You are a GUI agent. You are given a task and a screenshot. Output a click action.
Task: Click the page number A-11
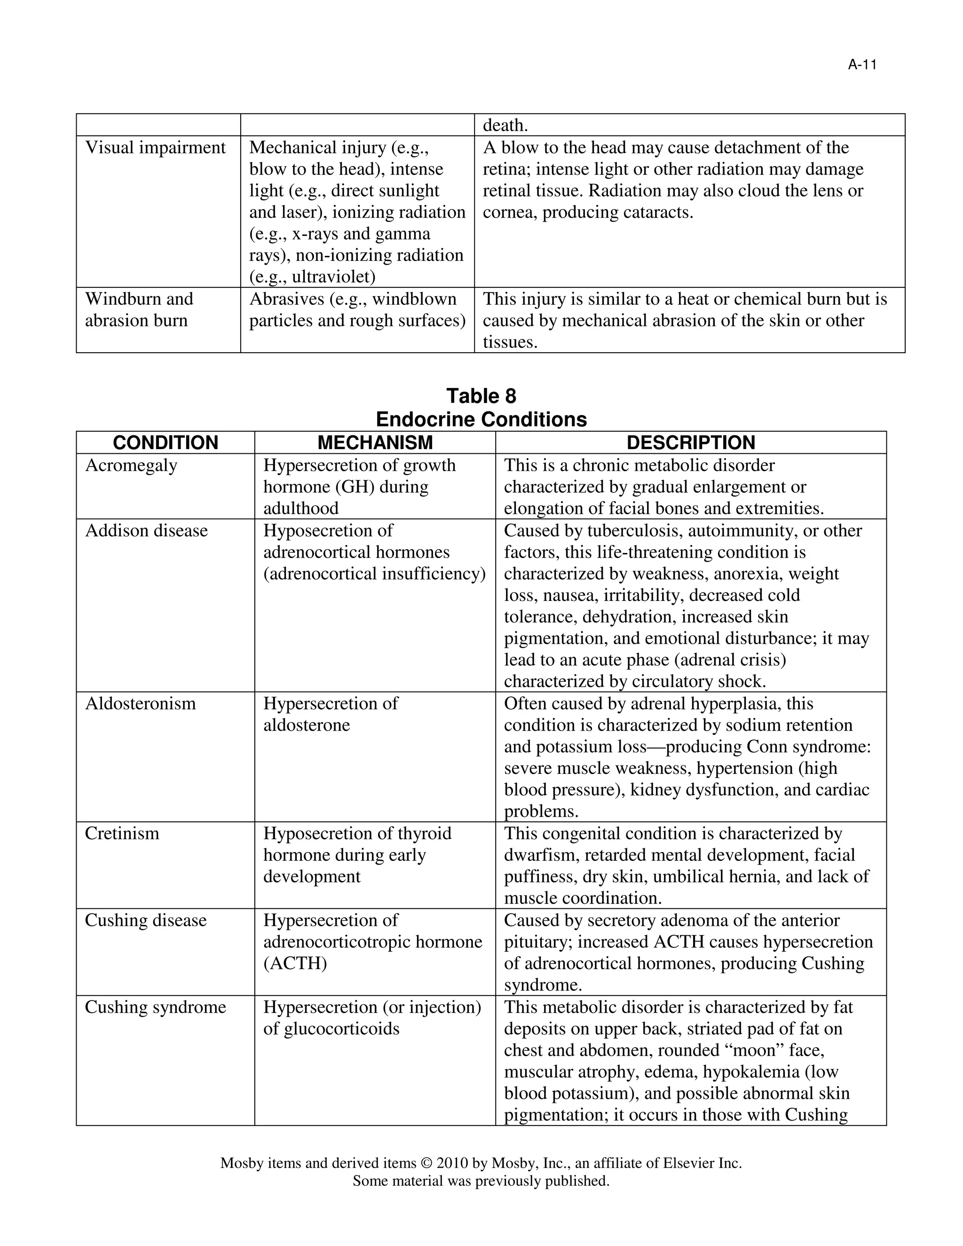861,65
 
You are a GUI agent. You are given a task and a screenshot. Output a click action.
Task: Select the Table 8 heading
481,395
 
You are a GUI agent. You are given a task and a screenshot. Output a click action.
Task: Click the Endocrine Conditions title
481,419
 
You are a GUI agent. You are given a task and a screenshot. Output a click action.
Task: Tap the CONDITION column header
166,443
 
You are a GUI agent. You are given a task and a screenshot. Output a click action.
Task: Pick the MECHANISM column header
375,443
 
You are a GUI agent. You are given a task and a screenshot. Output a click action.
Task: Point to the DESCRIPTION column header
690,443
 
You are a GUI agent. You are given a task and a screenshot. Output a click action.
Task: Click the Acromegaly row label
131,465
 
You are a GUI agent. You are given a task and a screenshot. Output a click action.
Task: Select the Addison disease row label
146,530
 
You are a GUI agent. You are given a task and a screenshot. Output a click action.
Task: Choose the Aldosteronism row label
140,703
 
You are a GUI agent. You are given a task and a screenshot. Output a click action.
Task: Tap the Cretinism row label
122,834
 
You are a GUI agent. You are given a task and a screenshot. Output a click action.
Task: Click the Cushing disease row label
145,920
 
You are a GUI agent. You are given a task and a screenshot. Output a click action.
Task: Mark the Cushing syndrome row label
155,1007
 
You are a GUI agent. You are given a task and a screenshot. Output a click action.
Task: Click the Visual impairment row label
155,148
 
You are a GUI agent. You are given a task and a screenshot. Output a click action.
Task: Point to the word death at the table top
505,125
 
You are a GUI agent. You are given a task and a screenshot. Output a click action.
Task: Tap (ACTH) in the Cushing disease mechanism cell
295,963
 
